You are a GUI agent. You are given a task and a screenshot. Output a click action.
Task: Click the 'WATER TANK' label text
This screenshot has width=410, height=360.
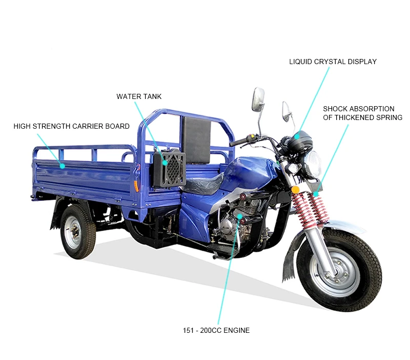point(139,96)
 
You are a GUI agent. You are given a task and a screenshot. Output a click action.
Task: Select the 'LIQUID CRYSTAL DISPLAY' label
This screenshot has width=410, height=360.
point(333,62)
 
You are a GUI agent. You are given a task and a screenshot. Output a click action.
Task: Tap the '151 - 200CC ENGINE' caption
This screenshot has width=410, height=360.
point(216,330)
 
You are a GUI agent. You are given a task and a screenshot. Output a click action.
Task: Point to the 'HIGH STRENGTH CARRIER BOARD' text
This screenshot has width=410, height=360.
point(71,126)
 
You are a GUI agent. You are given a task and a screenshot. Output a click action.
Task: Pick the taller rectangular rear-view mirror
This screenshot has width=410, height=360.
point(258,99)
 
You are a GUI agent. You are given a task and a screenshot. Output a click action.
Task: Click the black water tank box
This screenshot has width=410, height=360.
point(169,167)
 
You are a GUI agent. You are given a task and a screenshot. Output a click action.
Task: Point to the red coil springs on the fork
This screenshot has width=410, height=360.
point(307,210)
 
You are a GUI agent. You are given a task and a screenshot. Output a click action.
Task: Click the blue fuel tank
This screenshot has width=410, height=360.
point(251,172)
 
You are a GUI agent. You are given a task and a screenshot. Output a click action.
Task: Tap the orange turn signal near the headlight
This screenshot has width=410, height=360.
point(295,190)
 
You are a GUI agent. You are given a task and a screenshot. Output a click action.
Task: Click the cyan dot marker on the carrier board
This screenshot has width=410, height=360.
point(62,166)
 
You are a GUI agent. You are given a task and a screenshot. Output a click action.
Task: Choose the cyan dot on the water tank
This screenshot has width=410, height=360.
point(165,162)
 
